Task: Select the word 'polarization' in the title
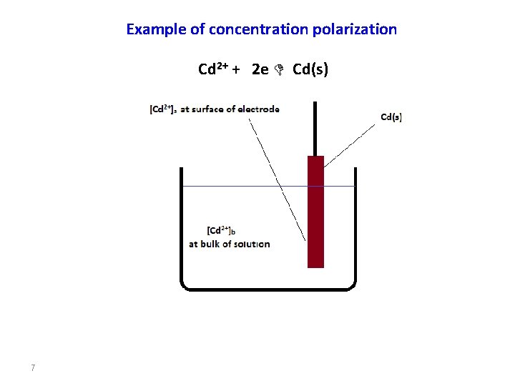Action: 355,29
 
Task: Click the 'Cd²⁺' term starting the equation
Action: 212,69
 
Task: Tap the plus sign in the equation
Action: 235,70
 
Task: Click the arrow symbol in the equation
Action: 280,69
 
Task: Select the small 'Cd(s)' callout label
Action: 391,117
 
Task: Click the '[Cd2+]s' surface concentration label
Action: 162,109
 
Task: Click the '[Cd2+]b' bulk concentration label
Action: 221,230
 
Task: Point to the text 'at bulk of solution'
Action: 230,244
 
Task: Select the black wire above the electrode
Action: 315,129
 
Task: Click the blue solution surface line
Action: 243,186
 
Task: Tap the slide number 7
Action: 33,368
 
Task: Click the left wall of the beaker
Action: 181,229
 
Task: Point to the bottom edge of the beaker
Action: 268,289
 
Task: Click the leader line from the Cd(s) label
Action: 350,145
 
